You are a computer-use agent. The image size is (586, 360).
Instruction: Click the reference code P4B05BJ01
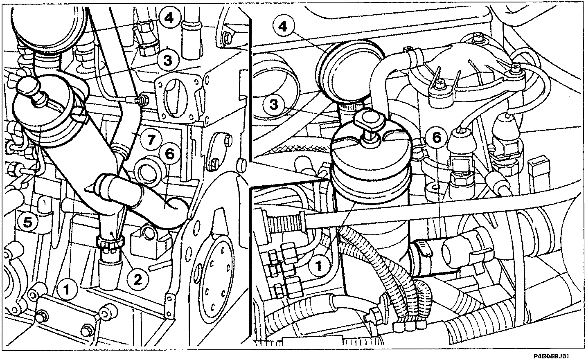coord(551,356)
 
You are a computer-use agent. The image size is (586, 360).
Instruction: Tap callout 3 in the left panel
coord(168,60)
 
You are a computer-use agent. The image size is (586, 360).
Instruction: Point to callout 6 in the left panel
coord(170,154)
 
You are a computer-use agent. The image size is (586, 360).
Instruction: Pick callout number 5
coord(27,223)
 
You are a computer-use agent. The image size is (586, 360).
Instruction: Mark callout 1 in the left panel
coord(67,289)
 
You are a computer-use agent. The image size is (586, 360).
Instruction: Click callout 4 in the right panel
coord(283,27)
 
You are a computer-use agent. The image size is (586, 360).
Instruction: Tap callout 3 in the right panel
coord(274,105)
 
